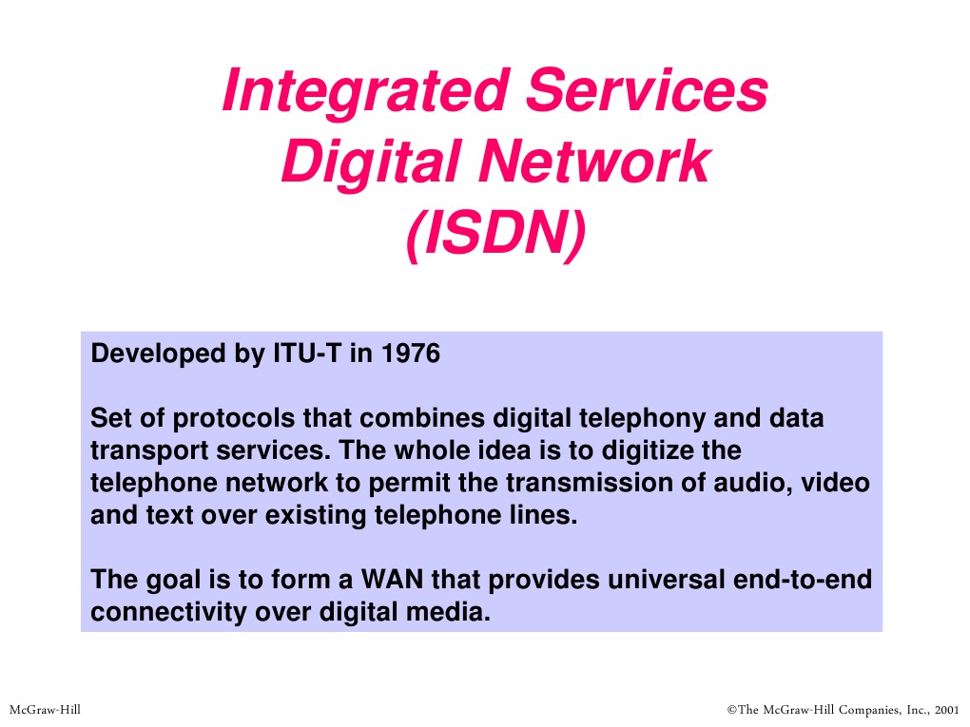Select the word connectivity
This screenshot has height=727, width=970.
coord(168,612)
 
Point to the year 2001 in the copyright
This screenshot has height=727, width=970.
coord(947,709)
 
